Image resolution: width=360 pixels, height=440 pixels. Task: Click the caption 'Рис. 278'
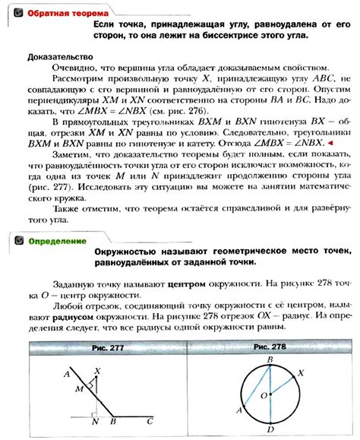(x=267, y=348)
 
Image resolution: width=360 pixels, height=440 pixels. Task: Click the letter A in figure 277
(x=67, y=374)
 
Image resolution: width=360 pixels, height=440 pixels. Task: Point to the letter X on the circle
(x=302, y=373)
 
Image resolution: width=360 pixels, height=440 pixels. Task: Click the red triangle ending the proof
(x=331, y=141)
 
